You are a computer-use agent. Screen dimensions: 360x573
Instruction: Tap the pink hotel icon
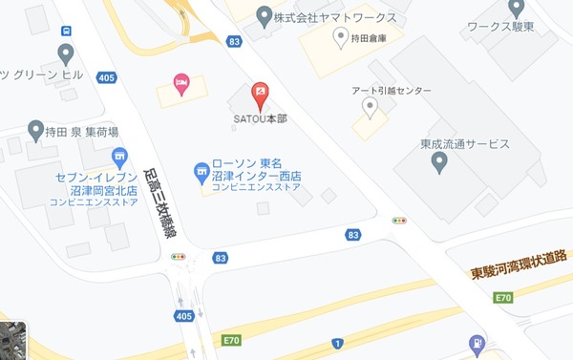tap(180, 81)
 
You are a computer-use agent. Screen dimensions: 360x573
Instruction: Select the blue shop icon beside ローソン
tap(202, 173)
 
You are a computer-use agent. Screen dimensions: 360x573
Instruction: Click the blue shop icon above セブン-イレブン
tap(119, 157)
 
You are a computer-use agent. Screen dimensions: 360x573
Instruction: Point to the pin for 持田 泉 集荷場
tap(36, 129)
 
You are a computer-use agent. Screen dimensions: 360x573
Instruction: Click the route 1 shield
tap(337, 343)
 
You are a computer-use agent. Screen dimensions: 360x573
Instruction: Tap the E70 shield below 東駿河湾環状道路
tap(503, 299)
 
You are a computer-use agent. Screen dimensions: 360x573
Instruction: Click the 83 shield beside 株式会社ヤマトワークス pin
tap(235, 41)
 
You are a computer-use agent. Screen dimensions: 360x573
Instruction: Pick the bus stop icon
tap(65, 53)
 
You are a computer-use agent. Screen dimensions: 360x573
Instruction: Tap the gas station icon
tap(477, 343)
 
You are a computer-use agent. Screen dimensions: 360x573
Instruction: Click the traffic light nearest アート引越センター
tap(399, 221)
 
